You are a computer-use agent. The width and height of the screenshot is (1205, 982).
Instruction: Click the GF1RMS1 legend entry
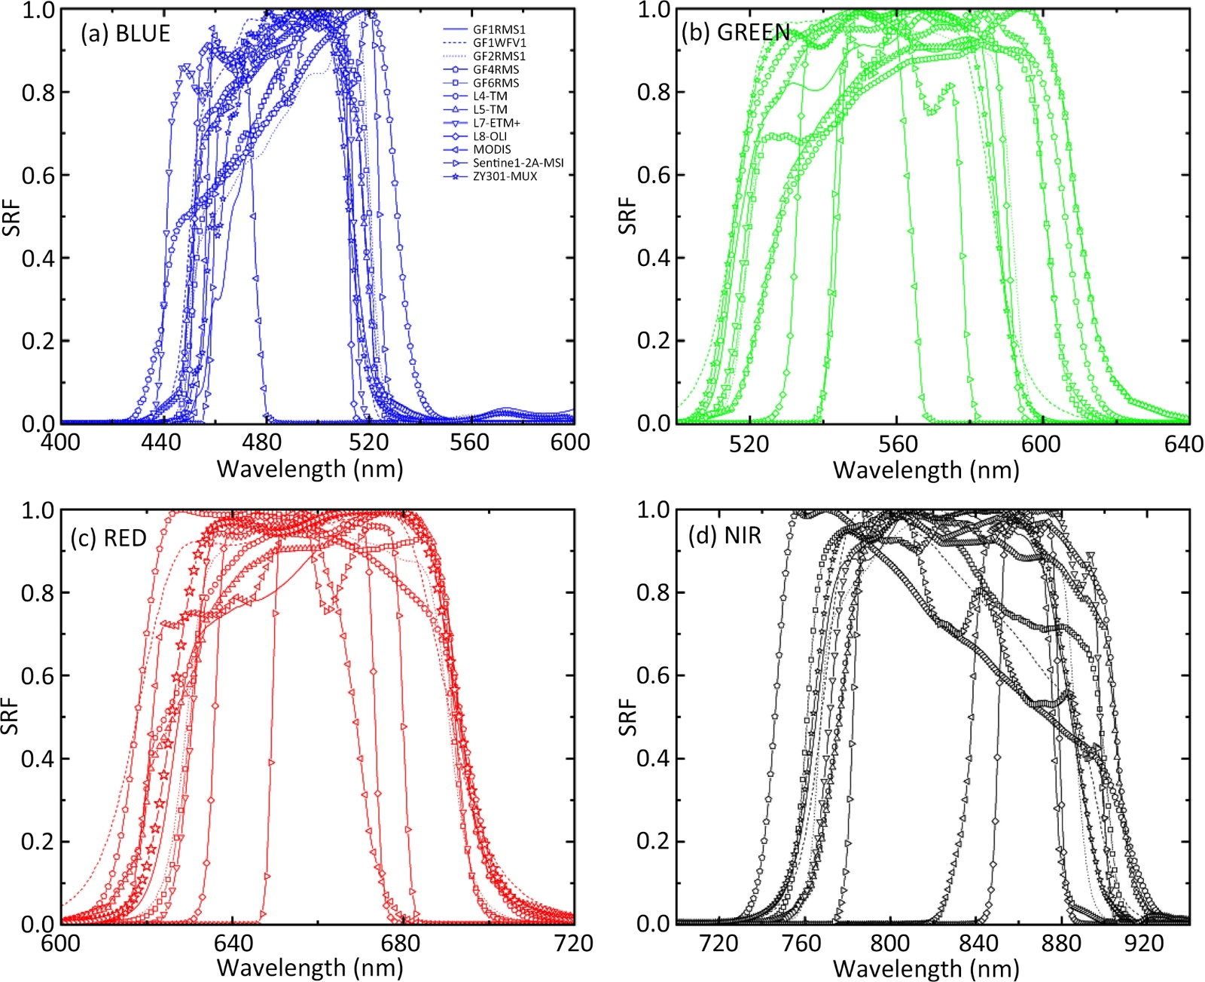click(499, 29)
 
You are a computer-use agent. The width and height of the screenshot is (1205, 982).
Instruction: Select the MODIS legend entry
click(492, 149)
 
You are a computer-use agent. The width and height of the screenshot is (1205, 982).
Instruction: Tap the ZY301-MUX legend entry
click(505, 176)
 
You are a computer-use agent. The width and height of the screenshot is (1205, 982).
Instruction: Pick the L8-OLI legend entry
click(490, 136)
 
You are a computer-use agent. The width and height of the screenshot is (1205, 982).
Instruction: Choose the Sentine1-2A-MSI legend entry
click(517, 163)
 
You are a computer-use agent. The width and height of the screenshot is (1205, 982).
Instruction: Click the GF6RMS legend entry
click(496, 83)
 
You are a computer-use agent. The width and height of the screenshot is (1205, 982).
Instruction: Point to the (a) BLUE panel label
click(125, 34)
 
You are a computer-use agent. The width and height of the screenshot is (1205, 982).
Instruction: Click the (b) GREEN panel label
click(736, 32)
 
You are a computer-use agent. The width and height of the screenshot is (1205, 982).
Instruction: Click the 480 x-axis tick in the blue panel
click(264, 442)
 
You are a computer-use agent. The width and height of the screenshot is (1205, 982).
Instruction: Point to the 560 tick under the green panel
click(897, 444)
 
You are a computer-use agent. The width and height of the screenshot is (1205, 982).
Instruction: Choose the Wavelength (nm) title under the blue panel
click(310, 470)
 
